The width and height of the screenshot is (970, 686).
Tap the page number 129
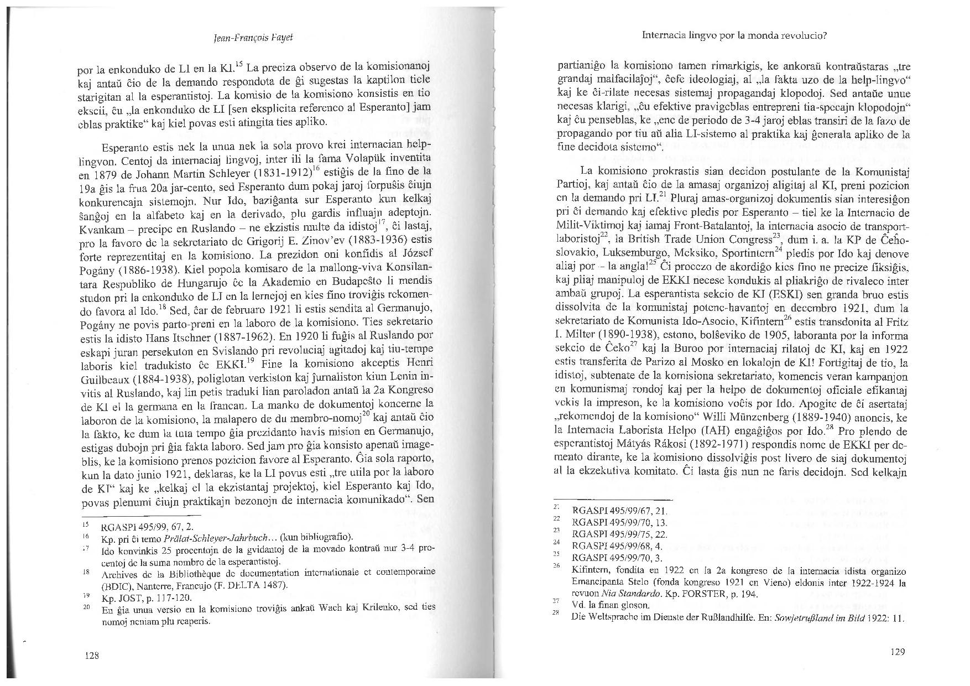pos(899,652)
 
